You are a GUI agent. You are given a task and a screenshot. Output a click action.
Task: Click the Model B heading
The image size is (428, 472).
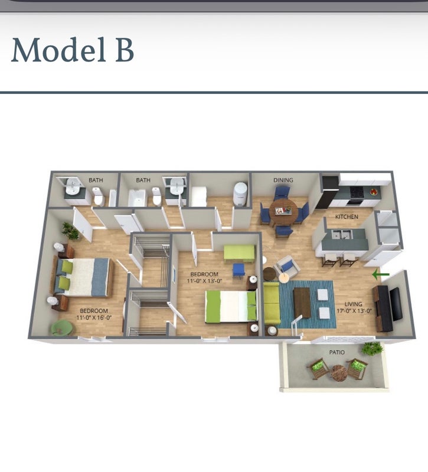click(72, 50)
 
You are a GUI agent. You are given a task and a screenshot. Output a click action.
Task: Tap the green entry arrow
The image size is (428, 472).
click(381, 274)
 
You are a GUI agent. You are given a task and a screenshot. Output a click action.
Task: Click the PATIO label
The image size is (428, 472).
click(336, 352)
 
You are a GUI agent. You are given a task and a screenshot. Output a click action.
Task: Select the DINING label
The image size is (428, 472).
click(283, 180)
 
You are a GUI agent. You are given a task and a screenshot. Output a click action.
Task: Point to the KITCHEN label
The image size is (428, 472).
click(347, 217)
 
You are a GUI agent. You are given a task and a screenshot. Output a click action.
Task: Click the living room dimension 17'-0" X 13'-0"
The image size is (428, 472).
click(354, 311)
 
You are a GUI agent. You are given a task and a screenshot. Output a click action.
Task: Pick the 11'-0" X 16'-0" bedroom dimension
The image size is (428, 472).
click(94, 317)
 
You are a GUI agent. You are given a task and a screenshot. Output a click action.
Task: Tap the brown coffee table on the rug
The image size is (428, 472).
click(302, 302)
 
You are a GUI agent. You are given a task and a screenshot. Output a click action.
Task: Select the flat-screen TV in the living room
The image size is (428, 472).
click(396, 304)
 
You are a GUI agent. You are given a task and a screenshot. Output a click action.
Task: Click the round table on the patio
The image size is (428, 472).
click(338, 373)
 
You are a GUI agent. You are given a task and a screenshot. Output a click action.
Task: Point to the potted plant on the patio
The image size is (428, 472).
click(373, 349)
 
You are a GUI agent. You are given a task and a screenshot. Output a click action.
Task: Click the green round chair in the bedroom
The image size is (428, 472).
click(62, 327)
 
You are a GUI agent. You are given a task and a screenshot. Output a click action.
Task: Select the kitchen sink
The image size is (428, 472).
click(342, 234)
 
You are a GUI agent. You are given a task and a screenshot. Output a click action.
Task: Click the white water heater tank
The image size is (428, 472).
click(240, 194)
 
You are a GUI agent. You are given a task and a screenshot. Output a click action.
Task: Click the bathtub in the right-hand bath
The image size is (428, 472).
click(137, 198)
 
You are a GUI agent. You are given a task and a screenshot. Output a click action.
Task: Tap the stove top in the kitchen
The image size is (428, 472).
click(357, 191)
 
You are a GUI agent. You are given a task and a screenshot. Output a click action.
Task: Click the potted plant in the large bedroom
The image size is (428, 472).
click(70, 231)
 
